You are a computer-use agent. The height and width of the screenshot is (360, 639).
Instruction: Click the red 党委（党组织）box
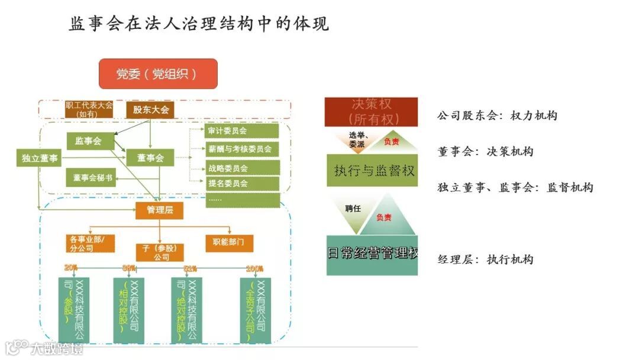click(157, 74)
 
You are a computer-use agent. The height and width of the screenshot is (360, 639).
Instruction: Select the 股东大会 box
click(150, 110)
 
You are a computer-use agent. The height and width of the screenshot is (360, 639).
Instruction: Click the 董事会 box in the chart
click(150, 157)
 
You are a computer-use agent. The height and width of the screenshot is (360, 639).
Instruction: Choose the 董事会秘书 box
click(92, 178)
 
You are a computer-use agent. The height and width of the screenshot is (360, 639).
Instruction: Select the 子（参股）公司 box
click(160, 253)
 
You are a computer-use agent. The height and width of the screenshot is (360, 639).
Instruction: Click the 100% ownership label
click(255, 269)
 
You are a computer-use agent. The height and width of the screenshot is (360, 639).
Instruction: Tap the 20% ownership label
click(71, 268)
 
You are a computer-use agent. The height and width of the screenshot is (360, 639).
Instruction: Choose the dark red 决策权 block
click(370, 112)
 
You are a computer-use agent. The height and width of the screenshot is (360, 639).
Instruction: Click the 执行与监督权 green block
click(372, 171)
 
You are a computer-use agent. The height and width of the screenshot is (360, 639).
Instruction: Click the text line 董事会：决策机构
click(485, 152)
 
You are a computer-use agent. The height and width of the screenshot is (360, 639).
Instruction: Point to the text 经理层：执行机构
click(485, 259)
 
